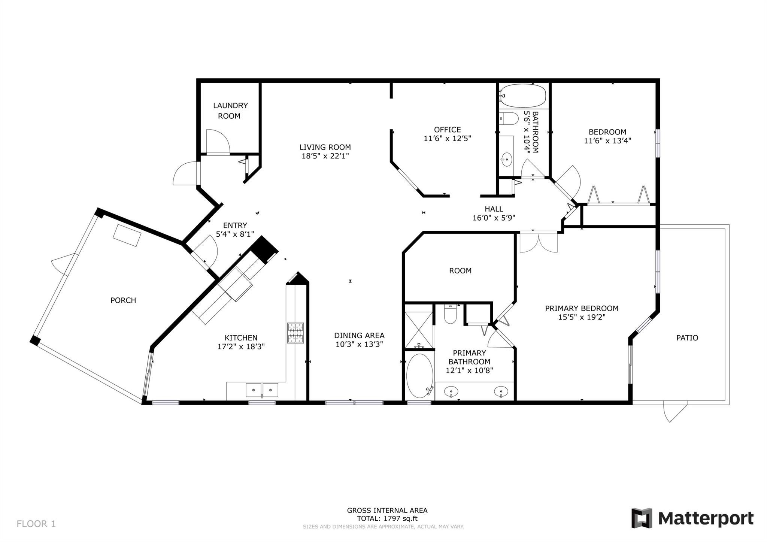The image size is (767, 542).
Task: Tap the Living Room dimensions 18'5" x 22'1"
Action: coord(325,156)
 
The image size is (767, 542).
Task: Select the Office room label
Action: coord(447,130)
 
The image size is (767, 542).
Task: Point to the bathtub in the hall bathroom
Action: coord(523,96)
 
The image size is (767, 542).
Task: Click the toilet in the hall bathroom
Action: coord(509,118)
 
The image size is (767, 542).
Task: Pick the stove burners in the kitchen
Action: coord(295,333)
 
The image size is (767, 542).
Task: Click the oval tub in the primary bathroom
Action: coord(420,376)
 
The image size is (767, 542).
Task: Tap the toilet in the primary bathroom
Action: coord(450,314)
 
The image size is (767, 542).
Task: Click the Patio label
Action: coord(687,338)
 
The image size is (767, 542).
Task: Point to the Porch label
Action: coord(123,300)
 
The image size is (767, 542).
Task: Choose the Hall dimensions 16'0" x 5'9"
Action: coord(494,218)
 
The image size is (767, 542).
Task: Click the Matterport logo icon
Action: coord(642,518)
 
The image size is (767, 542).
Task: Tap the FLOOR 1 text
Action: coord(36,524)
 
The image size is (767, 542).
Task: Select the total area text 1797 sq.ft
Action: coord(401,519)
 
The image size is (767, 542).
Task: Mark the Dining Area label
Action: coord(359,336)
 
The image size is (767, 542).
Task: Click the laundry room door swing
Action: coord(218,141)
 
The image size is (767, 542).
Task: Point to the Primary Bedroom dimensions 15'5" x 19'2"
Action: coord(581,317)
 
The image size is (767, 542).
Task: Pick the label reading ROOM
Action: coord(460,270)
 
